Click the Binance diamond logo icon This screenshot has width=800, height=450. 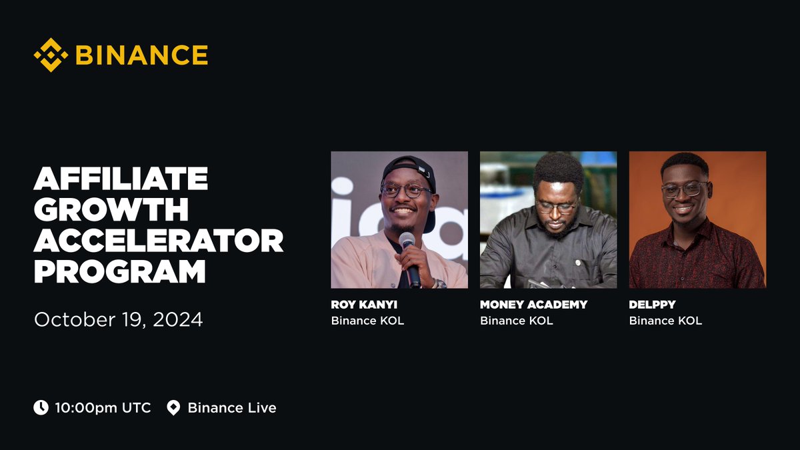point(51,55)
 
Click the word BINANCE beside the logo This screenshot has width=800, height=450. point(141,55)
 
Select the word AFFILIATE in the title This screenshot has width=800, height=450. point(121,180)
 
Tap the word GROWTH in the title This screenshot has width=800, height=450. point(111,211)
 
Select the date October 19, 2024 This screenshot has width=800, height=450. point(118,319)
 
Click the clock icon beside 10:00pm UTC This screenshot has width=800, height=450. point(41,407)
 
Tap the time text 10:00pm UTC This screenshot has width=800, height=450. point(103,407)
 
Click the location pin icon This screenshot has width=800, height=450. point(173,407)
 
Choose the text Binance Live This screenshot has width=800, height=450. point(232,407)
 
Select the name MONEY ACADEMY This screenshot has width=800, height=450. point(533,305)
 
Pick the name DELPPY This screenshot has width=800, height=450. point(652,305)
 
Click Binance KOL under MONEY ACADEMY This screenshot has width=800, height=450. point(516,321)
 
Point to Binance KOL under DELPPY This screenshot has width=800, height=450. point(665,321)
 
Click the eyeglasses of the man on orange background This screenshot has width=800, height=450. point(683,189)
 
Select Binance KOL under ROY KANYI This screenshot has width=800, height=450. point(367,321)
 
